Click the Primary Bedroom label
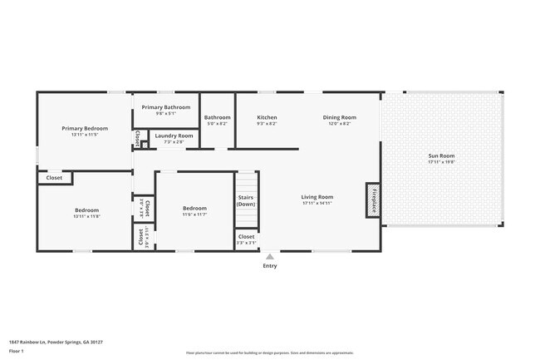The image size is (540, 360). (85, 129)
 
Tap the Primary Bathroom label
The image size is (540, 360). (165, 107)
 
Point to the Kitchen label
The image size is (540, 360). (267, 117)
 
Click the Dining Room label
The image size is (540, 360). (339, 117)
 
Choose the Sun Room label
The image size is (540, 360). (441, 155)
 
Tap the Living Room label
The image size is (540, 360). (317, 197)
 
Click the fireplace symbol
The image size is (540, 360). (373, 200)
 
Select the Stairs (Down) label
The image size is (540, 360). (246, 200)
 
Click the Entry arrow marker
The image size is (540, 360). (269, 257)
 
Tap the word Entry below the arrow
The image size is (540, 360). (270, 266)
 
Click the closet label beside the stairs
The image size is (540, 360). (246, 237)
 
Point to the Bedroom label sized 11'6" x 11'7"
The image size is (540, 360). (194, 209)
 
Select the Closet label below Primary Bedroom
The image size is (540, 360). (54, 178)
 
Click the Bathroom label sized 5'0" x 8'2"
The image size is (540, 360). (217, 117)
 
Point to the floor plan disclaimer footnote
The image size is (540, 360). (269, 353)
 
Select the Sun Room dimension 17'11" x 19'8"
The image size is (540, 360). (441, 162)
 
